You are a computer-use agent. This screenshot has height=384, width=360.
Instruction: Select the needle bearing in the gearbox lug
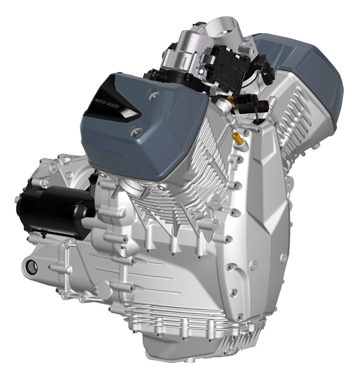[32, 265]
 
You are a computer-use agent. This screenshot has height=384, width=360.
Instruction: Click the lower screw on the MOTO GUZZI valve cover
[134, 132]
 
